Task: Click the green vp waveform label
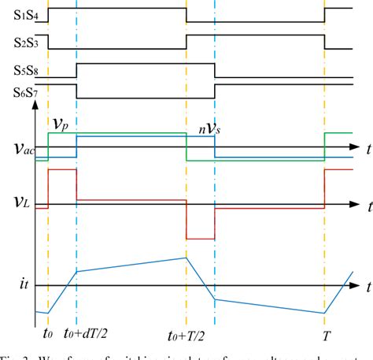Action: tap(61, 124)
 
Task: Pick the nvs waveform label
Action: tap(209, 125)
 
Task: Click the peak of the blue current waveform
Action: tap(186, 258)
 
